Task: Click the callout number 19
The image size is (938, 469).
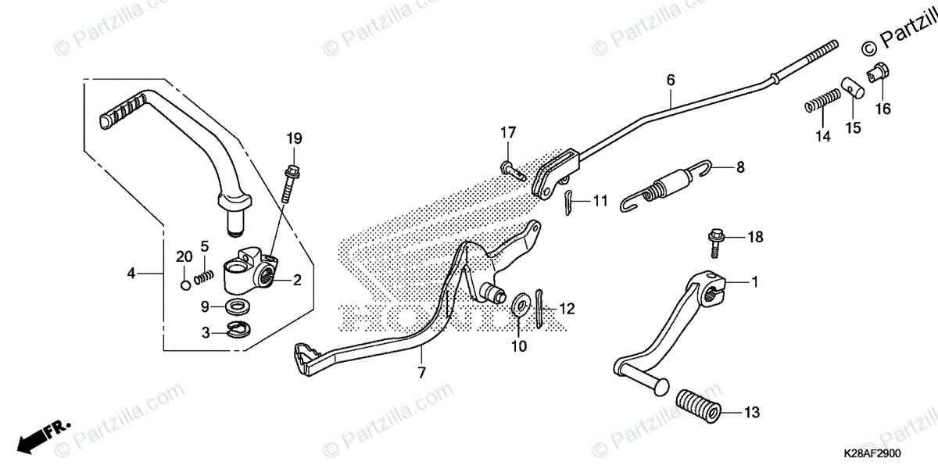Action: point(293,138)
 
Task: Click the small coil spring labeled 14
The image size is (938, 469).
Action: point(822,100)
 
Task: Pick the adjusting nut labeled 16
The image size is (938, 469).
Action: point(876,75)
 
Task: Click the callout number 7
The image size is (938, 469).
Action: point(421,373)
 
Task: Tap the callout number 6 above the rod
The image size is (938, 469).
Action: point(670,80)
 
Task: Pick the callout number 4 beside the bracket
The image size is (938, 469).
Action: point(131,273)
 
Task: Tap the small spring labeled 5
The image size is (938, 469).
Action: point(204,276)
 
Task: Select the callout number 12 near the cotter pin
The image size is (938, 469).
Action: point(567,309)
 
